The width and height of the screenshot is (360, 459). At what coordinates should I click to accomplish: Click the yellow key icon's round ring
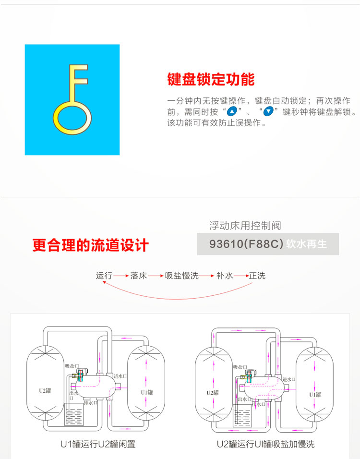pyautogui.click(x=72, y=118)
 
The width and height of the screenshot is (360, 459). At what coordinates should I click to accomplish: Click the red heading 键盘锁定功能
pyautogui.click(x=211, y=79)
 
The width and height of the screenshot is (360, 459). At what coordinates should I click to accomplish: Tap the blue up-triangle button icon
pyautogui.click(x=232, y=112)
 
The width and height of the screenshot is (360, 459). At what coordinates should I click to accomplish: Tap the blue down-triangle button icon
pyautogui.click(x=269, y=112)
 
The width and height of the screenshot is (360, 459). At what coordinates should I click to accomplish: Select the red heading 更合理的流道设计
pyautogui.click(x=91, y=245)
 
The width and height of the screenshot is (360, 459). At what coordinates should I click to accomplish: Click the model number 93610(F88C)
pyautogui.click(x=244, y=244)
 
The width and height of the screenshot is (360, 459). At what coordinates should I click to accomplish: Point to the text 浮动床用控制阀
pyautogui.click(x=245, y=226)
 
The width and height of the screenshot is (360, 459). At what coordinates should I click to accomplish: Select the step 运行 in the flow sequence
pyautogui.click(x=104, y=276)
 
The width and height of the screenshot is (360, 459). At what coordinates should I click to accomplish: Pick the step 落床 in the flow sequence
pyautogui.click(x=138, y=276)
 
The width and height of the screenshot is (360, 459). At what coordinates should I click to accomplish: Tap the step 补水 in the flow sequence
pyautogui.click(x=225, y=276)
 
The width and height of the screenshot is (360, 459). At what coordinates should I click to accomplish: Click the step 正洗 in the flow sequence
pyautogui.click(x=257, y=276)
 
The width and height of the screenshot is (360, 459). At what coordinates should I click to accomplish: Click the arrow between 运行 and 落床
pyautogui.click(x=121, y=276)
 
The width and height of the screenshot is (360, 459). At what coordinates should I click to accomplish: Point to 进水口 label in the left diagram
pyautogui.click(x=120, y=376)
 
